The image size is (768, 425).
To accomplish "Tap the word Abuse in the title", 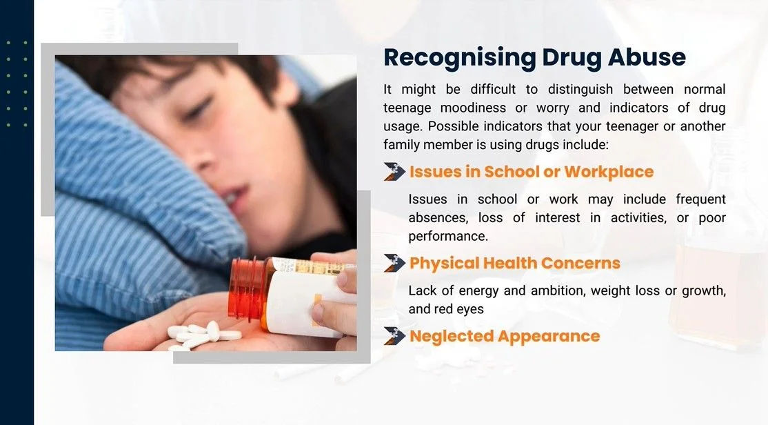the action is [647, 57].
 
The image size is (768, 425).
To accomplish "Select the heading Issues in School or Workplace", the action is [532, 172].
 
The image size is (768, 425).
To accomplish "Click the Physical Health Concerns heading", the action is [515, 264].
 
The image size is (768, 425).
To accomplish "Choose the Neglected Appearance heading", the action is [505, 336].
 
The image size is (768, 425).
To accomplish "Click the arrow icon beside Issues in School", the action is [394, 172].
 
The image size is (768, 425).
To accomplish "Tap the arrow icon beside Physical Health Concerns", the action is [394, 264].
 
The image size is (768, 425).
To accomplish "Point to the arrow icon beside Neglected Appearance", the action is [394, 336].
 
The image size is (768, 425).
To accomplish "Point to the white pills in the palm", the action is [203, 335].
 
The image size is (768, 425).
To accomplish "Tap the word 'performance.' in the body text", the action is [448, 237].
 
